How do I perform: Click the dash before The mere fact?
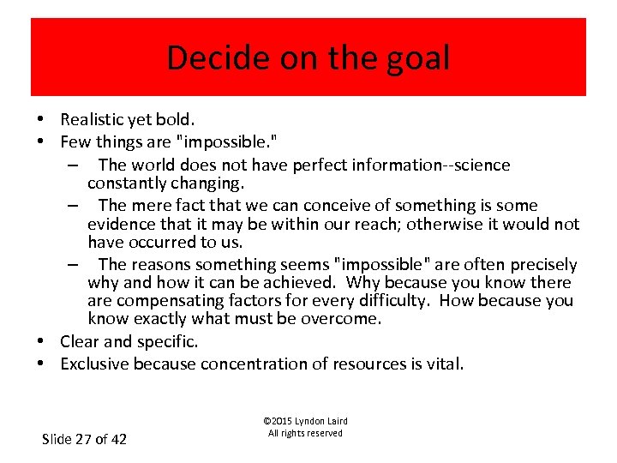point(75,206)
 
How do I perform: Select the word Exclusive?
point(95,364)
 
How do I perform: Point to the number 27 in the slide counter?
point(82,439)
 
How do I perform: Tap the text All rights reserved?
point(305,433)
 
